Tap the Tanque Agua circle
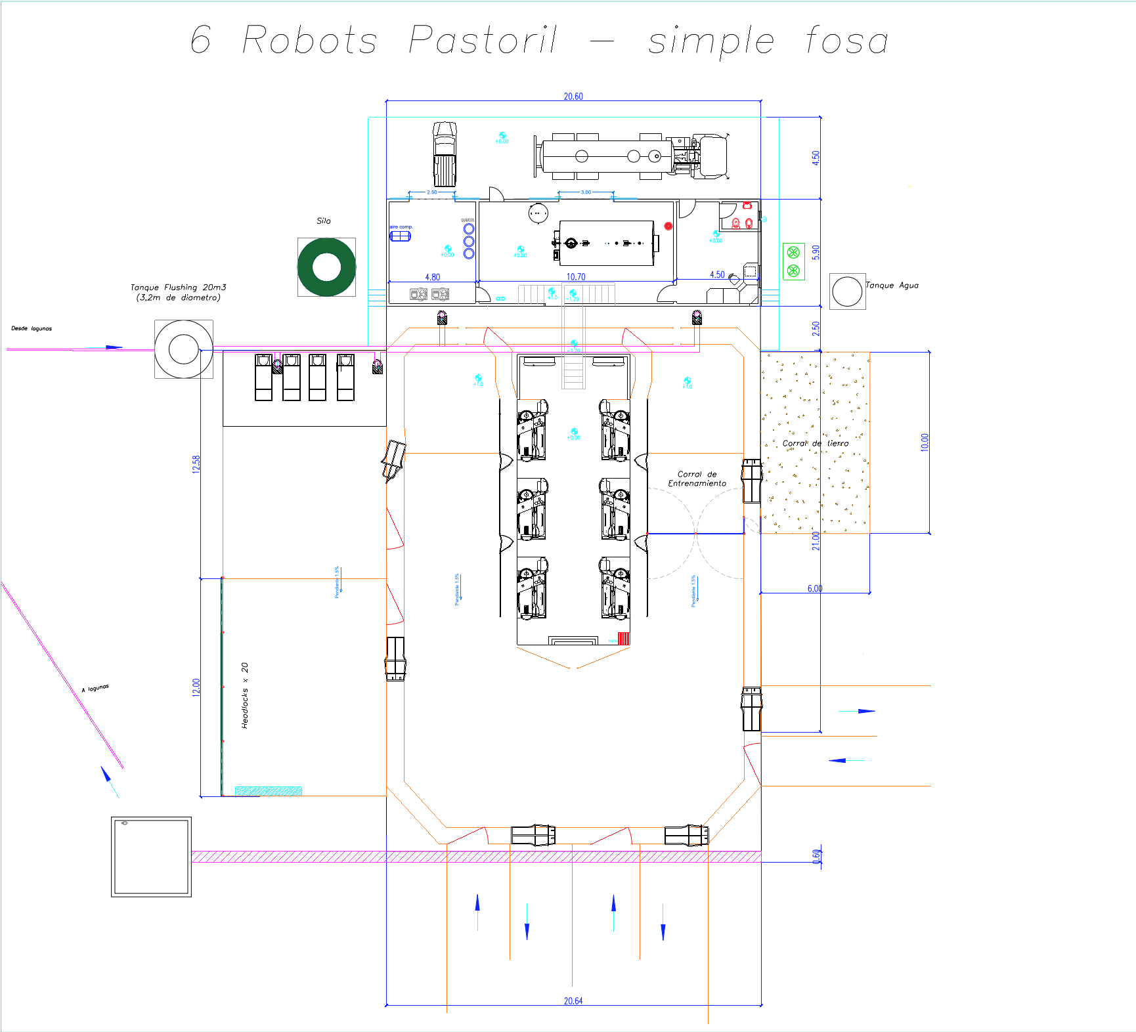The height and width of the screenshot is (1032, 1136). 847,291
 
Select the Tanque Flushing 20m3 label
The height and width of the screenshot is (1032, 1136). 178,292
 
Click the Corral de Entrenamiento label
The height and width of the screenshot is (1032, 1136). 697,479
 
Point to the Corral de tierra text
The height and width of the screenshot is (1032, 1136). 815,444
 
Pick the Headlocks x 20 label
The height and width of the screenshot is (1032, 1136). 245,695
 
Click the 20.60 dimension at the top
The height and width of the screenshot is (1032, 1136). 573,97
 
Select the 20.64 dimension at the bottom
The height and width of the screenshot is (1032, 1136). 573,1001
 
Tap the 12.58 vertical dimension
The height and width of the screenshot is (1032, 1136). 196,464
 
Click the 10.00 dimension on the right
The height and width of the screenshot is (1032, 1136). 925,442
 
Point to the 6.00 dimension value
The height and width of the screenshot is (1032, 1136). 815,589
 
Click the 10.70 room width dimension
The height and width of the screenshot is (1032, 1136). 576,277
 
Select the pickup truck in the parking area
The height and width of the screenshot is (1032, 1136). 445,154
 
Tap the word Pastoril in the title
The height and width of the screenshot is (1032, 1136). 483,40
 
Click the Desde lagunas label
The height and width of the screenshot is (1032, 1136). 32,328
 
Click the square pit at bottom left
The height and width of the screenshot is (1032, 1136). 151,857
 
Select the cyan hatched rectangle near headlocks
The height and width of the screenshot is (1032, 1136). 268,791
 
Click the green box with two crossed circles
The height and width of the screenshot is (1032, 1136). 793,261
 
